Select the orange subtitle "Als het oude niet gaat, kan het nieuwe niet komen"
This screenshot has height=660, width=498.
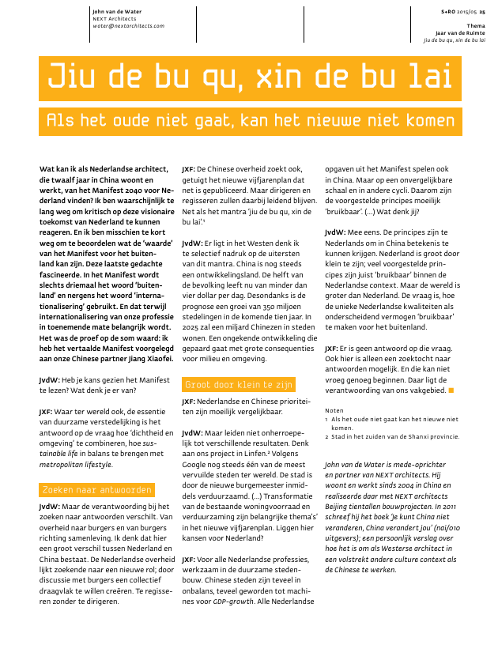[x=250, y=121]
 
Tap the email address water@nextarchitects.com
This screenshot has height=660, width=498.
[x=128, y=25]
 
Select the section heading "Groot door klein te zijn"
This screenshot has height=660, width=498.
[x=239, y=385]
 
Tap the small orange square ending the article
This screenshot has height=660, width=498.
[x=451, y=390]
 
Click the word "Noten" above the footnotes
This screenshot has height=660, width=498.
[x=335, y=410]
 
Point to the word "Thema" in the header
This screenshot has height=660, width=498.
[x=476, y=25]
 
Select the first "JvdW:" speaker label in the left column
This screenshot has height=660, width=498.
[x=50, y=380]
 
